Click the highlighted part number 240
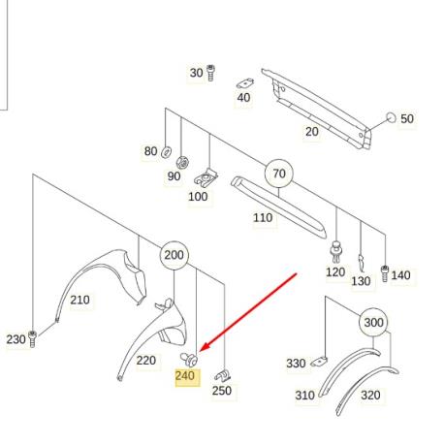coord(185,376)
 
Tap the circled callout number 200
coord(174,255)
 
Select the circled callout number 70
coord(279,174)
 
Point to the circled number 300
coord(373,322)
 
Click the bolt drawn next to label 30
coord(210,73)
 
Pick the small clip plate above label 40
coord(245,83)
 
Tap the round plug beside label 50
coord(391,118)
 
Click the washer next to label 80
coord(166,152)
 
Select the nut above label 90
coord(182,162)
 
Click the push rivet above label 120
coord(336,252)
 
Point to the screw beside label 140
coord(385,273)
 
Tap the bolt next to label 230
coord(32,339)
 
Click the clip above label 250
coord(222,375)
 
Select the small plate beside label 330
coord(319,362)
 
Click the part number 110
coord(263,218)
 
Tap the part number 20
coord(312,132)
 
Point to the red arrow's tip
coord(201,352)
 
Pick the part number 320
coord(370,395)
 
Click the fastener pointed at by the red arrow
coord(189,360)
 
